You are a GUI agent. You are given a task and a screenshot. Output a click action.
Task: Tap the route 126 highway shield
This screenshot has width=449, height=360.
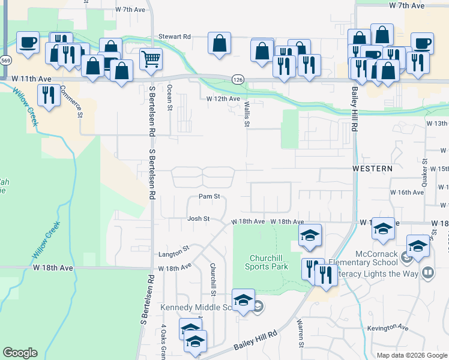click(x=237, y=79)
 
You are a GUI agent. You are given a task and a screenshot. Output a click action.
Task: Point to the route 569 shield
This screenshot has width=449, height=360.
click(x=6, y=61)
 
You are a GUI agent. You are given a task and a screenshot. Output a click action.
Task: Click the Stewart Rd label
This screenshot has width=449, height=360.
click(x=174, y=37)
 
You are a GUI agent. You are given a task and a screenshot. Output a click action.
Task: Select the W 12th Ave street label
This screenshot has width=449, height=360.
click(x=223, y=98)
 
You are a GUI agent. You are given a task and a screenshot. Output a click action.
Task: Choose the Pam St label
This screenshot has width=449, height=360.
click(x=209, y=196)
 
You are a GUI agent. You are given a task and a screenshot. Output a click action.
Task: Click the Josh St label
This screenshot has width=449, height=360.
click(x=198, y=219)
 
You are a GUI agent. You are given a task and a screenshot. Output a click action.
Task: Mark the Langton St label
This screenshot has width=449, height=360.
click(x=173, y=248)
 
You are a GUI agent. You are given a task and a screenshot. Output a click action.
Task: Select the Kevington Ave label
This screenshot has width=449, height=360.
click(x=388, y=328)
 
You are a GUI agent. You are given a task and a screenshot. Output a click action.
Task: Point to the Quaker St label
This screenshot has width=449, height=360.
click(x=424, y=173)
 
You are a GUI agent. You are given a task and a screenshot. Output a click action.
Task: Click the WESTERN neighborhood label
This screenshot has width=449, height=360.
click(x=372, y=169)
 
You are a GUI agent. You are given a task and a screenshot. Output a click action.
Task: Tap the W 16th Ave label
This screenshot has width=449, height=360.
click(x=406, y=193)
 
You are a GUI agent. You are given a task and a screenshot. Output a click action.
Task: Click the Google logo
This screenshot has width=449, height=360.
click(x=20, y=353)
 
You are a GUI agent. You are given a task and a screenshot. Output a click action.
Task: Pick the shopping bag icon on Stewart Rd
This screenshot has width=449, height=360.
click(x=220, y=43)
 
